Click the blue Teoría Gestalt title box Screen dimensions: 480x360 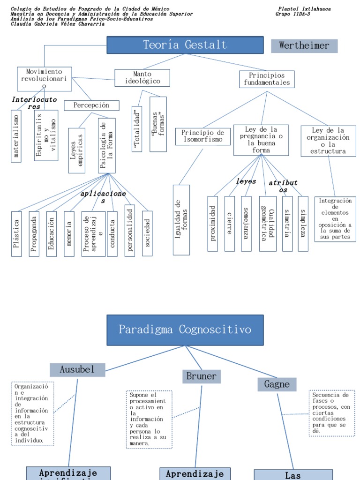185,45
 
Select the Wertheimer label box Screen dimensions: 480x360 304,46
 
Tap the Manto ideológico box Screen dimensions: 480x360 142,78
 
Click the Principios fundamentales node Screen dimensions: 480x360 267,79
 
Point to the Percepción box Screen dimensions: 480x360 91,105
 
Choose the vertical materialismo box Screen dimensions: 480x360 16,136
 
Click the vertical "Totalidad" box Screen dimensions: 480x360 137,129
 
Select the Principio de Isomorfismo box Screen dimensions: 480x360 203,136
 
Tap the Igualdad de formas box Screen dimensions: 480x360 181,220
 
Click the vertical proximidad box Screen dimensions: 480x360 213,223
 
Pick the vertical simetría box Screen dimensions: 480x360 287,223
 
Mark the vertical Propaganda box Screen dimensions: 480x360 34,233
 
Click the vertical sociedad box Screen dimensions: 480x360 147,233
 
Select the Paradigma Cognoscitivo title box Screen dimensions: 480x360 185,330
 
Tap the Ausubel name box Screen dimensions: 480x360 77,370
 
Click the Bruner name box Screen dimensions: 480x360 202,376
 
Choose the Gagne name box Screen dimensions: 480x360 277,385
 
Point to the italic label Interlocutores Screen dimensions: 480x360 34,103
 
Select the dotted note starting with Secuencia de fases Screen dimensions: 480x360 332,413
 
